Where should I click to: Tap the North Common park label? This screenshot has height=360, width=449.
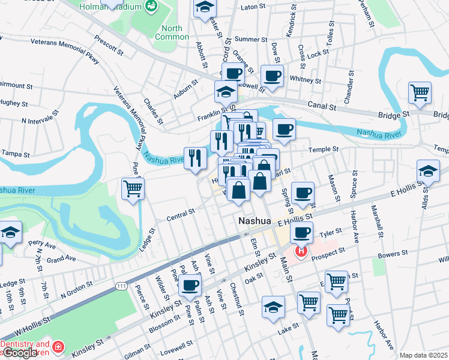[x=172, y=32]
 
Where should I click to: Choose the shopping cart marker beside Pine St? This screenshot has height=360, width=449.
[x=133, y=190]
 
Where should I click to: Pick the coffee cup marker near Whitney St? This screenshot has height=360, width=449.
[x=272, y=77]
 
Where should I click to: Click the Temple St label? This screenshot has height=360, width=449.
[x=324, y=149]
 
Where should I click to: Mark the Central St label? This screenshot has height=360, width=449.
[x=181, y=212]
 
